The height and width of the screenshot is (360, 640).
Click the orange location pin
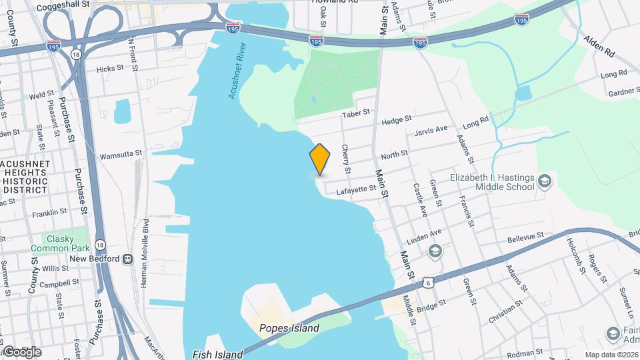tap(320, 159)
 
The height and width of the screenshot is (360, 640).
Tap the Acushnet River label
tap(237, 71)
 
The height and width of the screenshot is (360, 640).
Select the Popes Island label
tap(289, 328)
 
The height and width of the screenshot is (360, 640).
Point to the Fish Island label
tap(217, 355)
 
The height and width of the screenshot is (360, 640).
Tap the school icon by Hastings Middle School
tap(544, 181)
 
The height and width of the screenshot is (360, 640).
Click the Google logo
tap(22, 351)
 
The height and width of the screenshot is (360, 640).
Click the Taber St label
tap(355, 115)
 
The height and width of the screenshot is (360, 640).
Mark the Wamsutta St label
tap(121, 153)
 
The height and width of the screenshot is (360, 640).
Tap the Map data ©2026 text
tap(611, 355)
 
